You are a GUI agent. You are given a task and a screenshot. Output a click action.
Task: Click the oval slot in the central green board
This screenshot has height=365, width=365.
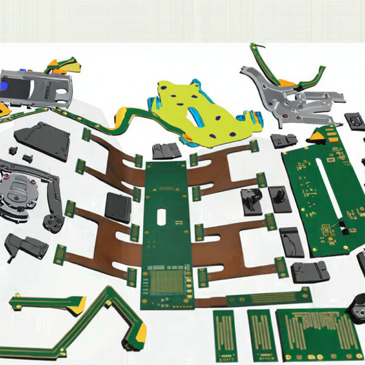pos(162,218)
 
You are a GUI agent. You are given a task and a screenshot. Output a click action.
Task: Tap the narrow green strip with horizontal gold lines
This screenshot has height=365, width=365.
pos(268,297)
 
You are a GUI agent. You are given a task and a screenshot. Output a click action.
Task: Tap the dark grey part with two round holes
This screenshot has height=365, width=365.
pos(54,221)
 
